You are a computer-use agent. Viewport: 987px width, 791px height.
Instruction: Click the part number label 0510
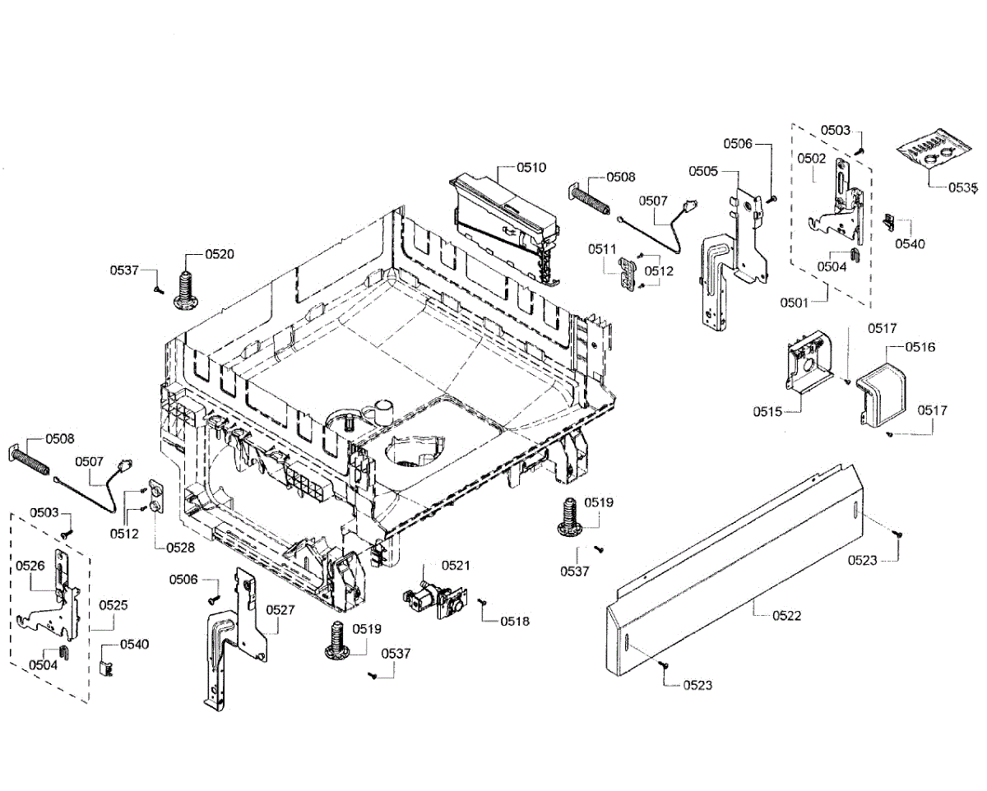click(x=531, y=168)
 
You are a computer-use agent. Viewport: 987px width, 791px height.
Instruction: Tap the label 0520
click(x=220, y=254)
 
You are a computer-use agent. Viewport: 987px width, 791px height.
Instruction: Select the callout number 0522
click(x=786, y=616)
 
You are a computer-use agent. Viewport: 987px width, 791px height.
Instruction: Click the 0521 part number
click(x=455, y=565)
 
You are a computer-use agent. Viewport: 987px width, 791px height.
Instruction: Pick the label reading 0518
click(x=516, y=621)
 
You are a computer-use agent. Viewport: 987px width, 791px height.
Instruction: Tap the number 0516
click(x=920, y=347)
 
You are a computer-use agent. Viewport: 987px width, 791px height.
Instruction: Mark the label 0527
click(x=280, y=610)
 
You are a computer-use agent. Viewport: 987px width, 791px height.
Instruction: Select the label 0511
click(x=602, y=248)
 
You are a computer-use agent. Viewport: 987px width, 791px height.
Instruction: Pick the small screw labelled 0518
click(x=482, y=604)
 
